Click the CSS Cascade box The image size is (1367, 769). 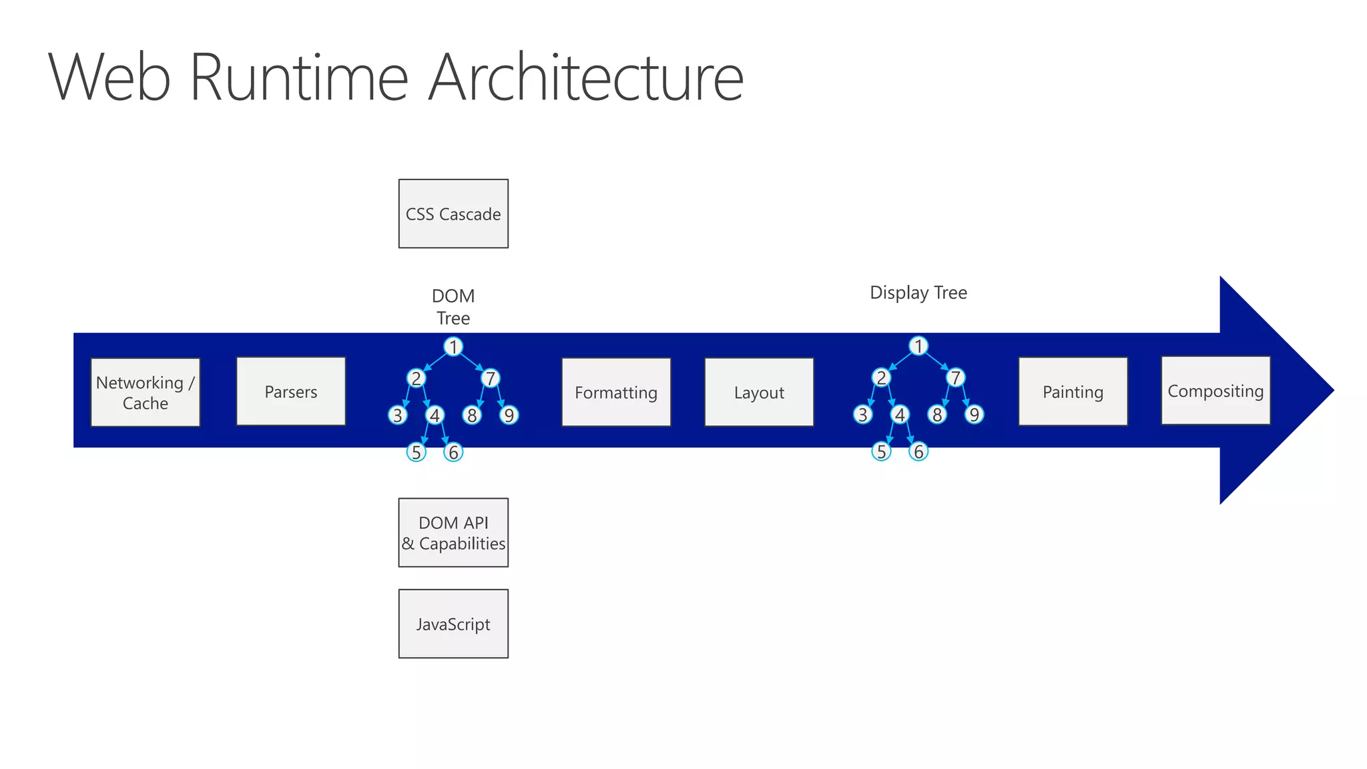tap(453, 214)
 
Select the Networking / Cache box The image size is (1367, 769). tap(145, 393)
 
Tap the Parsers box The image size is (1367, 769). tap(291, 391)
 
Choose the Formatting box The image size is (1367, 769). tap(616, 392)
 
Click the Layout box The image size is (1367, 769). tap(759, 392)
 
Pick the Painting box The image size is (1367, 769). tap(1073, 391)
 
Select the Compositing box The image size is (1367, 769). tap(1215, 391)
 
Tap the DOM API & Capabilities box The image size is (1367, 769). tap(453, 533)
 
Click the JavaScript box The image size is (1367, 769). tap(453, 623)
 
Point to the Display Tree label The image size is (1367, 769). tap(918, 292)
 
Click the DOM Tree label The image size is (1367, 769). tap(453, 306)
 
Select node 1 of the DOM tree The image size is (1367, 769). tap(453, 347)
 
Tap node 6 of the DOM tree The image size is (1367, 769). tap(453, 453)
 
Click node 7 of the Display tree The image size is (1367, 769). tap(955, 378)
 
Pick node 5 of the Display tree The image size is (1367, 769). tap(881, 452)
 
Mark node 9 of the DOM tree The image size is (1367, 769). tap(509, 415)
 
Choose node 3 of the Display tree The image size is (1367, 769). tap(862, 415)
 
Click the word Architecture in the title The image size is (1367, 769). tap(585, 77)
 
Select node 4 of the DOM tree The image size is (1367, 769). tap(435, 415)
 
